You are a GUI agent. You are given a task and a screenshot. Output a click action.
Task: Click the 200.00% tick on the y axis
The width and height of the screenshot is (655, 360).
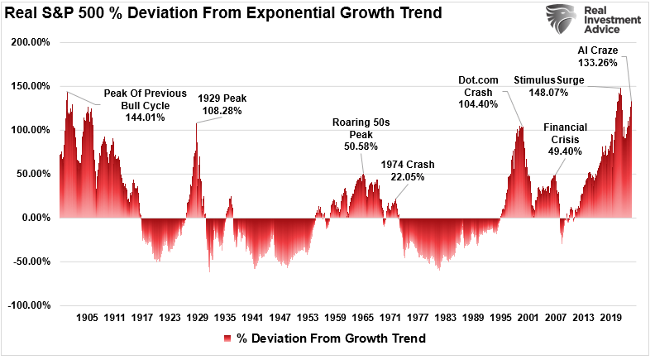[30, 41]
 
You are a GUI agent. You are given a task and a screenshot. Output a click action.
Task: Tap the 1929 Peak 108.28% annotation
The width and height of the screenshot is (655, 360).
[220, 104]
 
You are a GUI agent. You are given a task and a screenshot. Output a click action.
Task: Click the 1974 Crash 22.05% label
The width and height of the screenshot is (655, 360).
[408, 170]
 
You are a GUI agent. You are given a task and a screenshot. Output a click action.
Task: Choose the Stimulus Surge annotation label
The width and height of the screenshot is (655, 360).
[549, 80]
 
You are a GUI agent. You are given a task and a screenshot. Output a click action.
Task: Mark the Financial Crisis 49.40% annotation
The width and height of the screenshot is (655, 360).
[565, 140]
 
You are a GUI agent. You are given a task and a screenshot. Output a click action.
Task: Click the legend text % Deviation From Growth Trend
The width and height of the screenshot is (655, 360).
[331, 338]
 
